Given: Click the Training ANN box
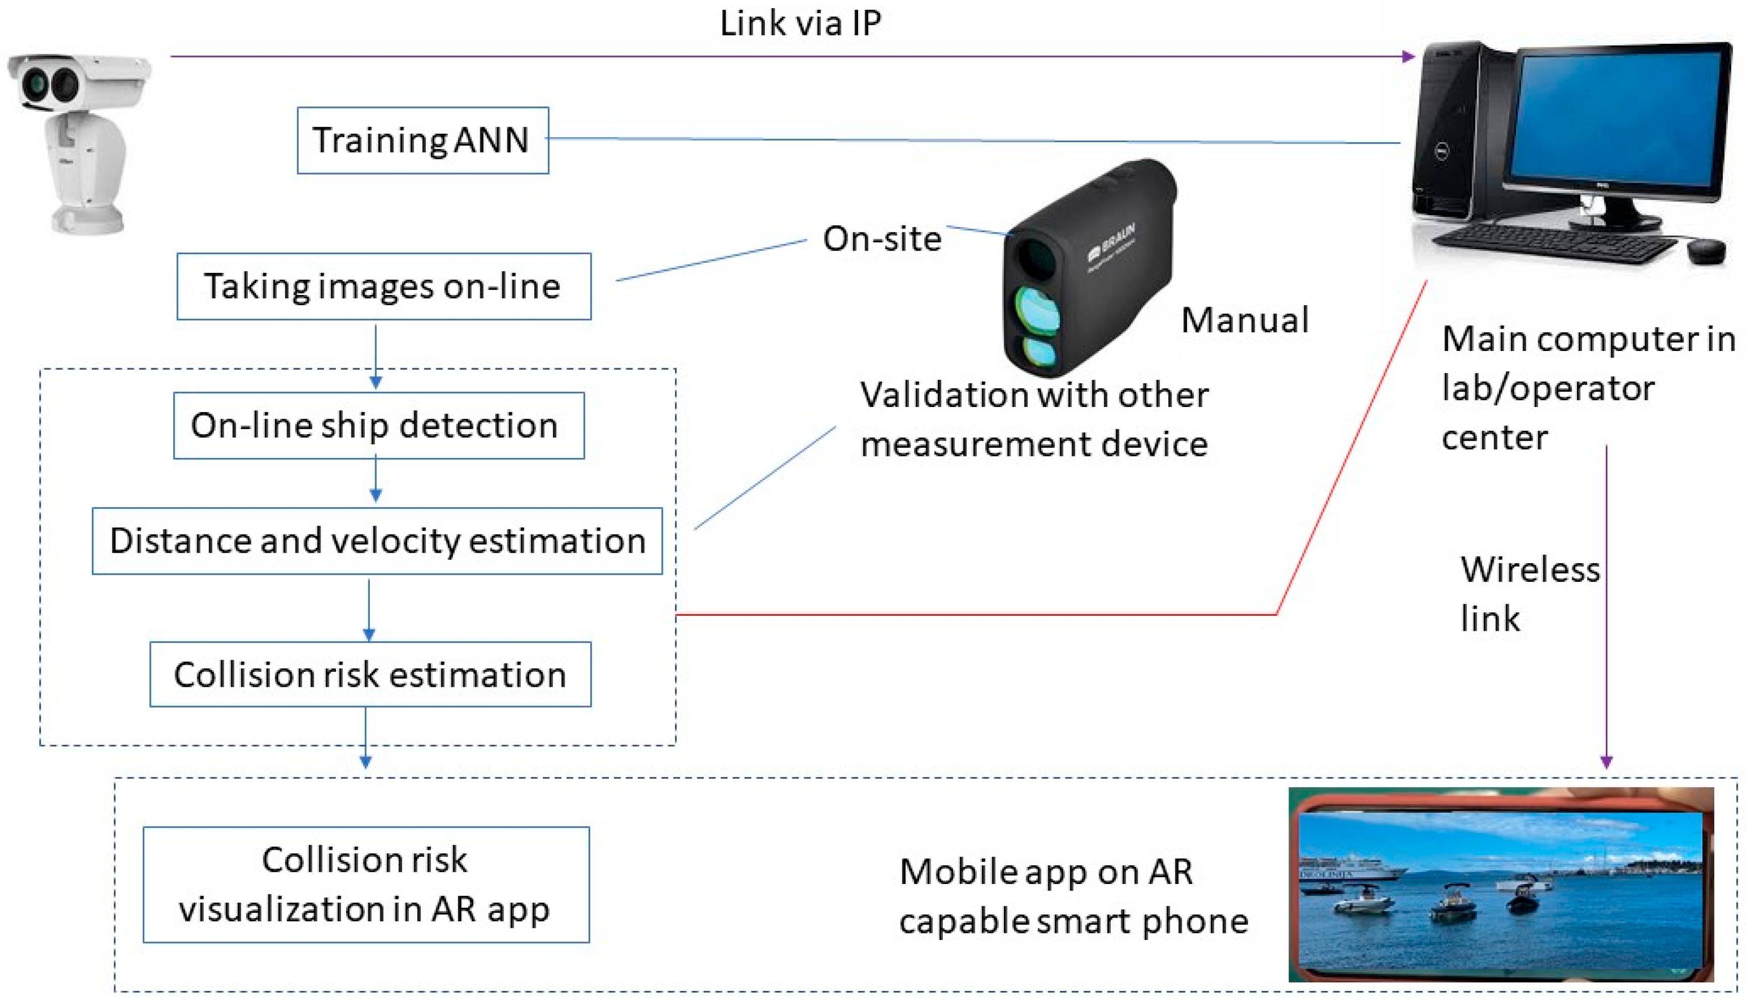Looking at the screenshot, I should (422, 140).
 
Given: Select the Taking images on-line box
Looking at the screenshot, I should (383, 286).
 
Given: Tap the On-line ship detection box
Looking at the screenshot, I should (378, 425).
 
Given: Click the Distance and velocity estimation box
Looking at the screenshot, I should (377, 541).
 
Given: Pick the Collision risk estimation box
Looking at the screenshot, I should (370, 674).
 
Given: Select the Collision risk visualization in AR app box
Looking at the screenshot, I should (365, 884).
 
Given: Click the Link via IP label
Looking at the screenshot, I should (800, 23).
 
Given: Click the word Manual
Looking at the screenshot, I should (1244, 320).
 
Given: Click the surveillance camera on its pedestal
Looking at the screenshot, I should (79, 141).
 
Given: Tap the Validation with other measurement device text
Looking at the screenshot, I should (1034, 419).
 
